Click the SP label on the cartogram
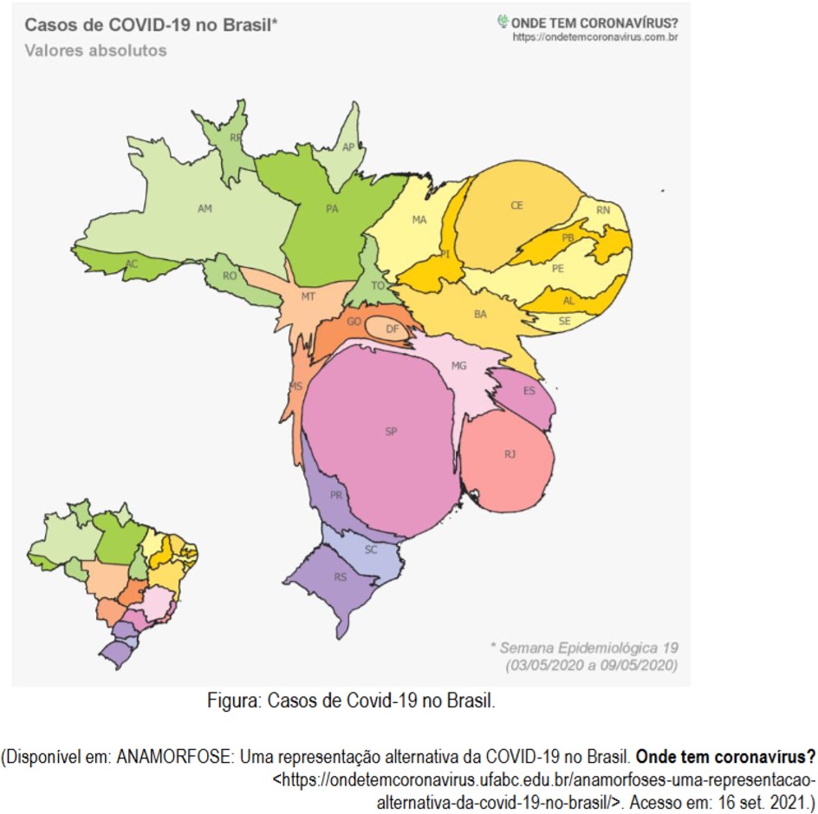click(x=391, y=431)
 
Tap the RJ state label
click(x=510, y=454)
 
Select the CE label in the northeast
click(x=516, y=205)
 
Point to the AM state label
click(x=204, y=209)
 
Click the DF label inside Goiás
click(x=392, y=329)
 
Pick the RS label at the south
click(x=341, y=577)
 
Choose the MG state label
click(x=459, y=366)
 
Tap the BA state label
click(x=480, y=314)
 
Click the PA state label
click(x=332, y=209)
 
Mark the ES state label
click(x=529, y=391)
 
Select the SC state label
click(x=371, y=550)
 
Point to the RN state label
click(x=603, y=210)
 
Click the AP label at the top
click(x=348, y=147)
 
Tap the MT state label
click(x=308, y=296)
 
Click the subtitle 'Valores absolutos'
click(x=95, y=50)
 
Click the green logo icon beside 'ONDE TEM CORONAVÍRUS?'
click(x=502, y=21)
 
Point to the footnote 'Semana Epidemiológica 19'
click(x=583, y=648)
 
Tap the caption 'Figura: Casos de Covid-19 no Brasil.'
click(x=351, y=700)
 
